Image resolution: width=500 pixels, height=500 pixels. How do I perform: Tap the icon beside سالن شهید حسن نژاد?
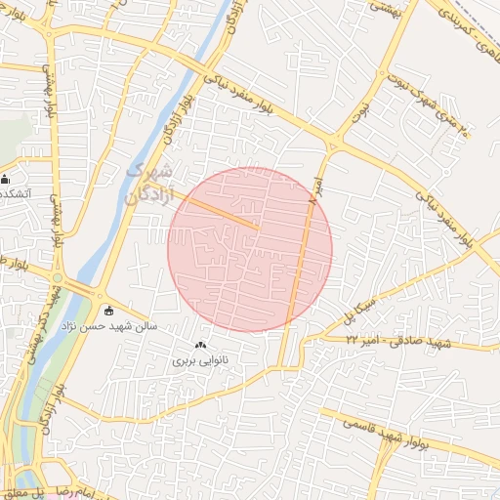pyautogui.click(x=108, y=311)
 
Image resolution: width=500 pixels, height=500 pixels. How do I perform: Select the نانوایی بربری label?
pyautogui.click(x=198, y=360)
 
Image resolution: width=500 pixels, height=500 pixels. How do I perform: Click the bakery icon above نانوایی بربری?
pyautogui.click(x=201, y=345)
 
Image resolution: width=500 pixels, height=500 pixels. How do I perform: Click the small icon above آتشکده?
pyautogui.click(x=6, y=179)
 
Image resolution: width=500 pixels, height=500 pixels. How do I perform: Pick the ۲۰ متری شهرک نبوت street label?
pyautogui.click(x=434, y=112)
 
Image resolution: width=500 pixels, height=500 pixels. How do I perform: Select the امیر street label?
pyautogui.click(x=315, y=188)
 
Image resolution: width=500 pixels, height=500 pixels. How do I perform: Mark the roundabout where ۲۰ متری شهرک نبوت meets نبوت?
pyautogui.click(x=333, y=146)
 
